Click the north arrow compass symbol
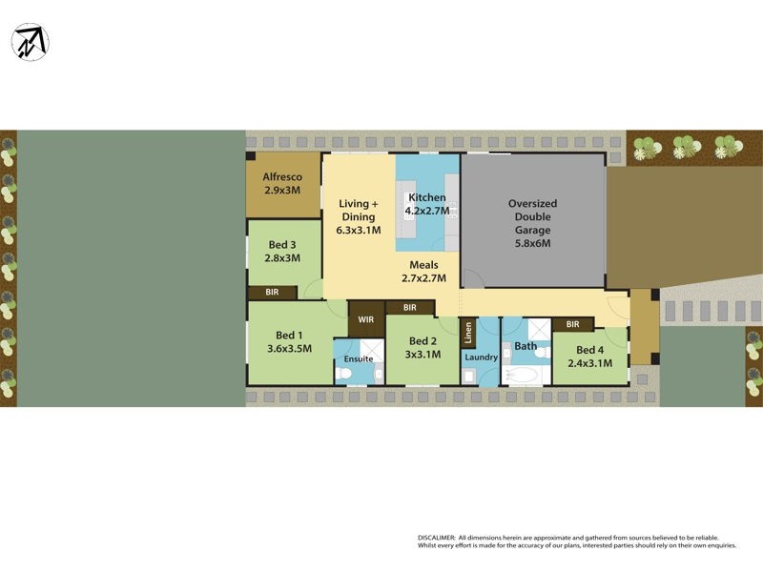tap(31, 42)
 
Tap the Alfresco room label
tap(282, 183)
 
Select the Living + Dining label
tap(359, 216)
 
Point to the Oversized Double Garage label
tap(532, 223)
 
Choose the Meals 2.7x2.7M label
tap(423, 271)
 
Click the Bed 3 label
tap(282, 251)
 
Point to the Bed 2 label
tap(423, 347)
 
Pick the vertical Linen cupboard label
tap(468, 332)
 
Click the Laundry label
tap(482, 357)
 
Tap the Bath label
tap(526, 346)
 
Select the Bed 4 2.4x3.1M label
tap(589, 356)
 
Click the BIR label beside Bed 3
tap(272, 292)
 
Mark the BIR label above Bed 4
tap(572, 325)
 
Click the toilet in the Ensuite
tap(344, 375)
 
